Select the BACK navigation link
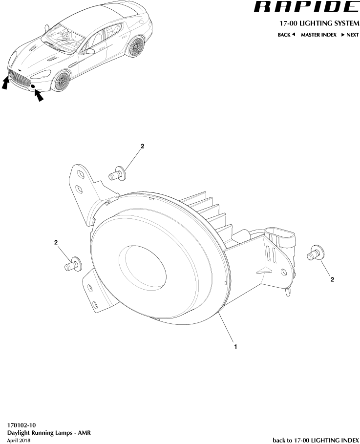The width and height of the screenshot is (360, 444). coord(286,35)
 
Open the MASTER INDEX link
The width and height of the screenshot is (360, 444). coord(318,35)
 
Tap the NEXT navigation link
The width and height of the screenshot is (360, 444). coord(350,35)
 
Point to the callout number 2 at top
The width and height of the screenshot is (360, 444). coord(142,146)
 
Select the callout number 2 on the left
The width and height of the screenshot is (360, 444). coord(56,242)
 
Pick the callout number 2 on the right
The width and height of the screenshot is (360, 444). coord(333,279)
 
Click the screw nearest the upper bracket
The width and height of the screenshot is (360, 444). coord(117,173)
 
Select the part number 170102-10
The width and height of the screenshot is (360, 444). coord(21,425)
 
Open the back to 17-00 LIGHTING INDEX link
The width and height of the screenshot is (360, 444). coord(316,440)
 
